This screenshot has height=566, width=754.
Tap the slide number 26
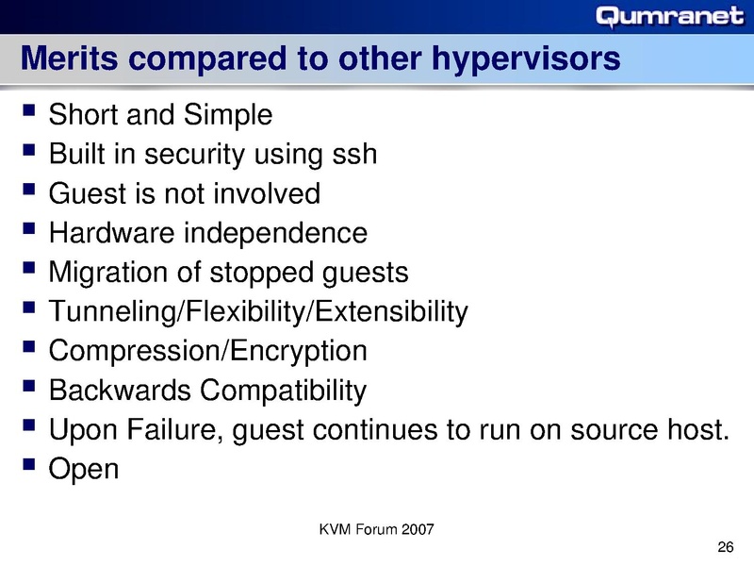(x=725, y=548)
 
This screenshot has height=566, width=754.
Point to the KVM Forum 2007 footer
(x=377, y=529)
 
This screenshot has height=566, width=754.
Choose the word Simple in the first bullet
(x=229, y=116)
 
